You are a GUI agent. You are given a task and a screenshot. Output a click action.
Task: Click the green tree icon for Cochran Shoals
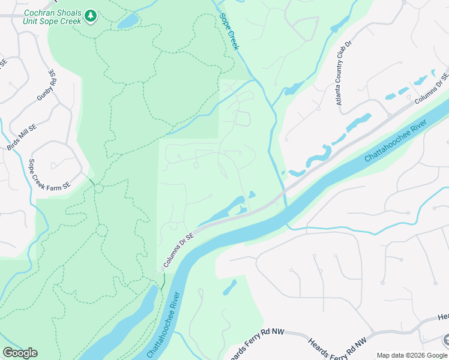point(90,16)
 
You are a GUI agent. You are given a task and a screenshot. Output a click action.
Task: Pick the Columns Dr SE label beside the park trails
point(179,251)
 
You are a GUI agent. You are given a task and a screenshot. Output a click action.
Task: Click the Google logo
point(20,353)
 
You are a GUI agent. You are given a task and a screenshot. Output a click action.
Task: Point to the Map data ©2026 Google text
point(411,355)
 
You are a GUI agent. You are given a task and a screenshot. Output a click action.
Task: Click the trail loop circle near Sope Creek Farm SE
point(98,189)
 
